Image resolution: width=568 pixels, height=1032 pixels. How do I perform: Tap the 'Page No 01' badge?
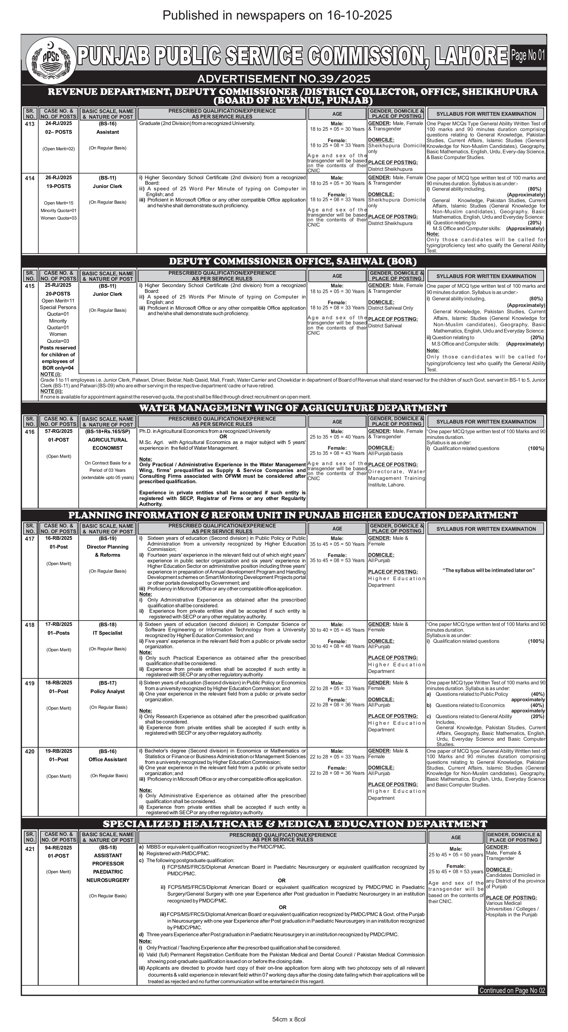(528, 56)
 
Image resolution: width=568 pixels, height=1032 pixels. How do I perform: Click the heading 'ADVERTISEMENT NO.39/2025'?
(283, 79)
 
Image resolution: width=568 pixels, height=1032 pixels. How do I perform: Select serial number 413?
(30, 124)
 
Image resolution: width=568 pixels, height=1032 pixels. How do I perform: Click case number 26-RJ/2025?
(58, 177)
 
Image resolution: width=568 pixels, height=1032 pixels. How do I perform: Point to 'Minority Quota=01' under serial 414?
(58, 210)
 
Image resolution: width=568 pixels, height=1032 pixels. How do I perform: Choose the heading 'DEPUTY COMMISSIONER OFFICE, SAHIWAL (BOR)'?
(293, 261)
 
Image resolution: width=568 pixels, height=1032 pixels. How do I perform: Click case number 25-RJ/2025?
(58, 285)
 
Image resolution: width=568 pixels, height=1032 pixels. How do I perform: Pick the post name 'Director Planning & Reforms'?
(107, 551)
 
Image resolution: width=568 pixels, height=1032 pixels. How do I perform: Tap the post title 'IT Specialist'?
(107, 633)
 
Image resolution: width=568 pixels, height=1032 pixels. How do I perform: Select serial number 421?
(30, 849)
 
